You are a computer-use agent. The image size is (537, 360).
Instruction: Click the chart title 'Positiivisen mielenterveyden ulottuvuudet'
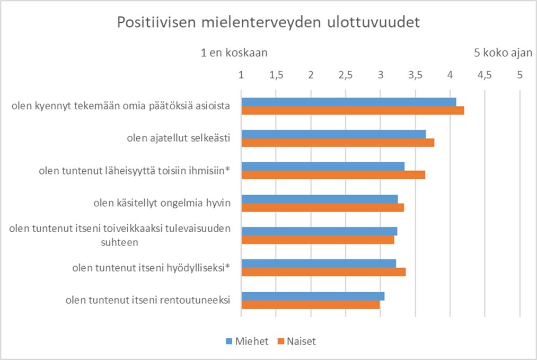[x=268, y=23]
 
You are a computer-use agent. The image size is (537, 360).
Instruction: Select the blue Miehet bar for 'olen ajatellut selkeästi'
[x=333, y=134]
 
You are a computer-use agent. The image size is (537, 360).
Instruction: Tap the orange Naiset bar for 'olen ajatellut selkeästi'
[x=338, y=142]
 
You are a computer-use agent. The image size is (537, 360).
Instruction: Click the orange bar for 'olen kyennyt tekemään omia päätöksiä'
[x=353, y=110]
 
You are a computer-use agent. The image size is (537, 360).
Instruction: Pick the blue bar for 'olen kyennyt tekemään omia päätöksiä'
[x=348, y=102]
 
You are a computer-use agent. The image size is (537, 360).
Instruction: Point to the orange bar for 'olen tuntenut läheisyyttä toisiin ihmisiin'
[x=333, y=174]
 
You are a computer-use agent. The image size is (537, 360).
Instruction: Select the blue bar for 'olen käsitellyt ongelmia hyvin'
[x=319, y=199]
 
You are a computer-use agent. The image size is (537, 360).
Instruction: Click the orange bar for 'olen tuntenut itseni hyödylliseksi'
[x=323, y=271]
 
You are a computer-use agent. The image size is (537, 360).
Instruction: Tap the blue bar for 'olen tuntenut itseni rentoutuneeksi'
[x=313, y=296]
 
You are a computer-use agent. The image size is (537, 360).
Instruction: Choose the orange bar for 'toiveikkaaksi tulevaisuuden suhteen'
[x=318, y=240]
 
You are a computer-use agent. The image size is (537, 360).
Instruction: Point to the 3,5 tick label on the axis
[x=416, y=75]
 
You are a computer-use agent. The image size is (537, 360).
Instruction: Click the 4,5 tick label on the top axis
[x=485, y=75]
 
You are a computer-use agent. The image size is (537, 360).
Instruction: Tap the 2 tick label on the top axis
[x=311, y=75]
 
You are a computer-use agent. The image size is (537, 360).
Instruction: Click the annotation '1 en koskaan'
[x=234, y=53]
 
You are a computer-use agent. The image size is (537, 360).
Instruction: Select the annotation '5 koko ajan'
[x=503, y=53]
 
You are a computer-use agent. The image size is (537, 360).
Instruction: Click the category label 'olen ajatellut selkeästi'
[x=178, y=138]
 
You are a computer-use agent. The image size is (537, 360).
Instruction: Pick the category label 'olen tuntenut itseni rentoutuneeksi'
[x=147, y=300]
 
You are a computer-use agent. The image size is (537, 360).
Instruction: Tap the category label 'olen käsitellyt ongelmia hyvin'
[x=162, y=203]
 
